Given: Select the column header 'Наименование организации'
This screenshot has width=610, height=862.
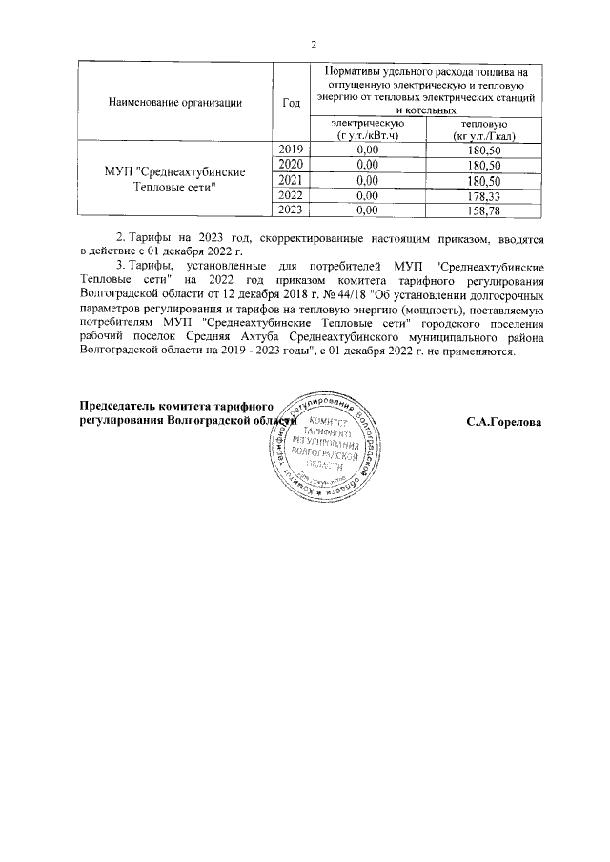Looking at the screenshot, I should click(x=174, y=102).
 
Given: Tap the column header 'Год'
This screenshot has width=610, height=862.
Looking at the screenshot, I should click(x=292, y=102).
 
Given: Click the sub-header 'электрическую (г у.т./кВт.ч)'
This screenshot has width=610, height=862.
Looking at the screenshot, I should click(x=367, y=130).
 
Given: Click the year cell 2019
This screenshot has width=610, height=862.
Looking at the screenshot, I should click(x=292, y=150).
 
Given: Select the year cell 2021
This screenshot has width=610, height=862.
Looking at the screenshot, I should click(x=292, y=180).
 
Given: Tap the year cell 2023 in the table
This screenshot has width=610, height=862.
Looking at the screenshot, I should click(x=292, y=210).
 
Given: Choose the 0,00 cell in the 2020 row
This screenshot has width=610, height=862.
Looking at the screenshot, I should click(x=367, y=165).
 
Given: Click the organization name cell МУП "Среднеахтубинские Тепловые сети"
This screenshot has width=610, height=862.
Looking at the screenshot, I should click(x=174, y=179).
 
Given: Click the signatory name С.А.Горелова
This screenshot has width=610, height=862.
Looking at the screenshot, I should click(x=503, y=420).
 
